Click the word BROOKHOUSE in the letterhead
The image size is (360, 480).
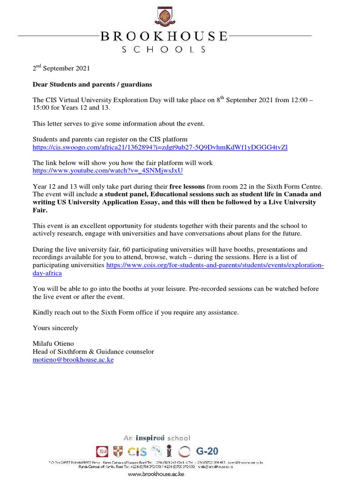pyautogui.click(x=164, y=37)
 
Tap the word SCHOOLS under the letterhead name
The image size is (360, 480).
pyautogui.click(x=164, y=49)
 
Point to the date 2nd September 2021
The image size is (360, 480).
pyautogui.click(x=61, y=68)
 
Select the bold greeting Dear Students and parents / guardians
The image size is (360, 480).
pyautogui.click(x=92, y=85)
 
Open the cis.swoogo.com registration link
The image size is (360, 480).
pyautogui.click(x=160, y=147)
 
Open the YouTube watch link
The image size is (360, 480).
pyautogui.click(x=107, y=171)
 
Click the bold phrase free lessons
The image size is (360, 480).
pyautogui.click(x=187, y=187)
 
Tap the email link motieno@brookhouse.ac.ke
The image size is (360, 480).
pyautogui.click(x=73, y=360)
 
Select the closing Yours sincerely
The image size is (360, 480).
pyautogui.click(x=55, y=328)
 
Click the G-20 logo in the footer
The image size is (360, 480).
pyautogui.click(x=207, y=451)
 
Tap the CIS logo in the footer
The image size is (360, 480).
pyautogui.click(x=137, y=452)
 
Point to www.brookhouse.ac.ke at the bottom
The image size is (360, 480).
pyautogui.click(x=156, y=474)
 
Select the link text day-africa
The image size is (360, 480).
pyautogui.click(x=47, y=273)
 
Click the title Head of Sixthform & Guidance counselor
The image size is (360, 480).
pyautogui.click(x=93, y=352)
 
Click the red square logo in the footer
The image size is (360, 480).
pyautogui.click(x=102, y=452)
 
